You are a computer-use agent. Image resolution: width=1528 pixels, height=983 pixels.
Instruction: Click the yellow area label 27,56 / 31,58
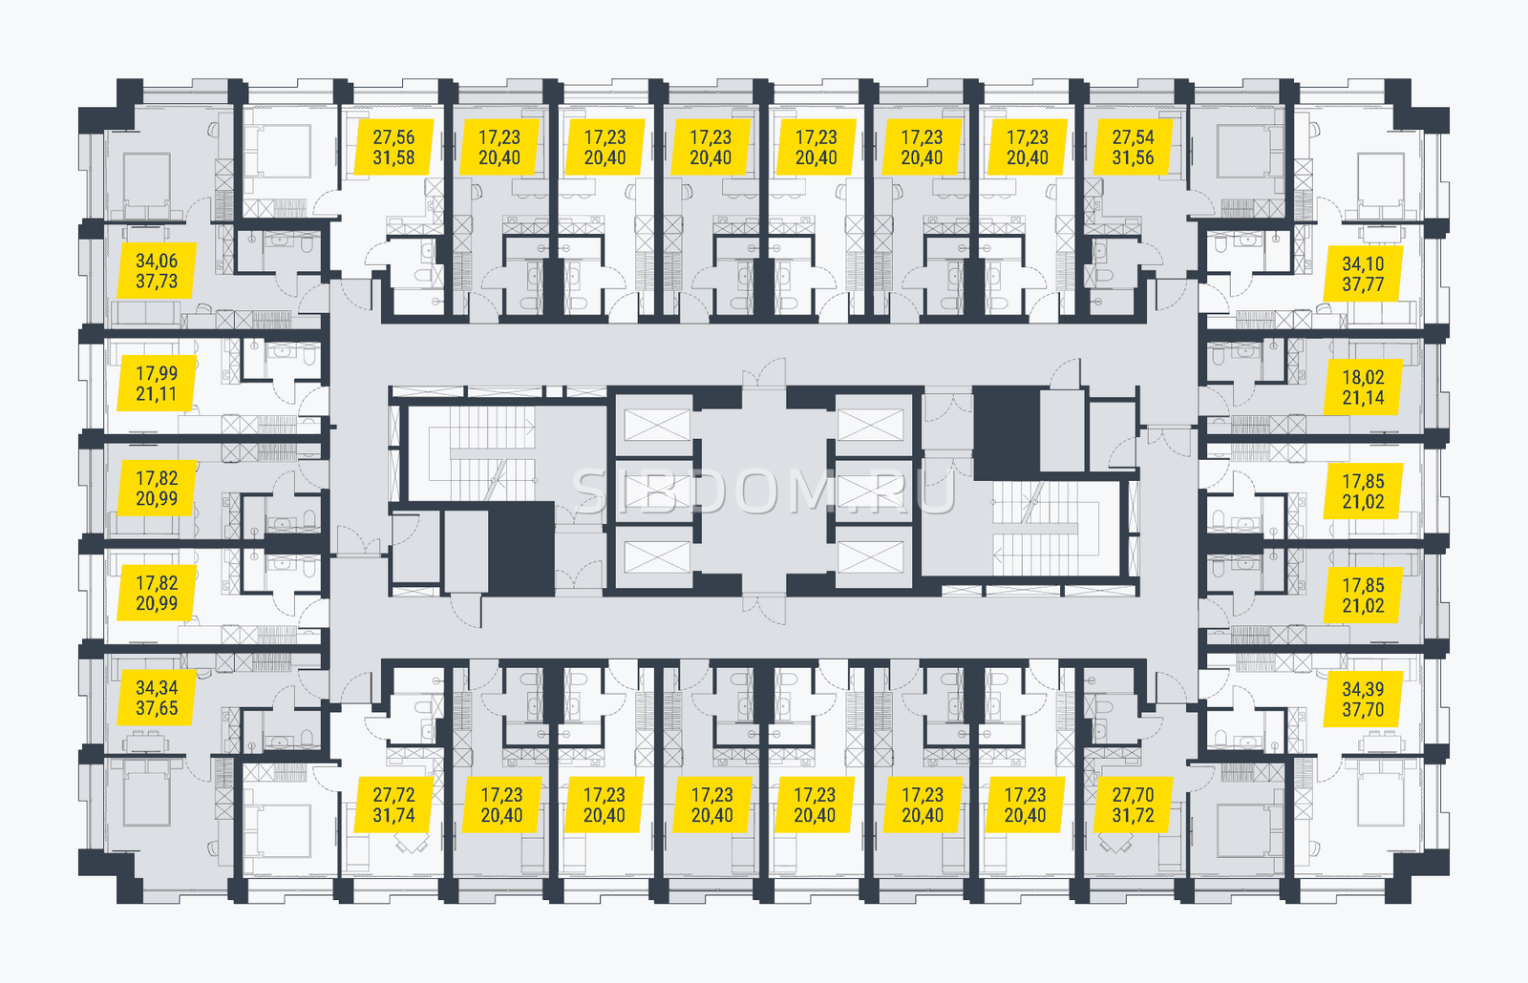(394, 147)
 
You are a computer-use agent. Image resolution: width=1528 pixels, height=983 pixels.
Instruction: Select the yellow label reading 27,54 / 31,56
(1133, 147)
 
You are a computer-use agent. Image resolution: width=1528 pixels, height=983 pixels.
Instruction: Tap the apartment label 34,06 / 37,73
(157, 271)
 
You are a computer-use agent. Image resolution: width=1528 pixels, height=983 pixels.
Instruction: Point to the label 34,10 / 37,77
(1363, 274)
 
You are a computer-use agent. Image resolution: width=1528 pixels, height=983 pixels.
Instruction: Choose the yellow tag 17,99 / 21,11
(157, 383)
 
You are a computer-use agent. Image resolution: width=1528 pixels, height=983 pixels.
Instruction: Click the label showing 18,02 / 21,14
(1363, 387)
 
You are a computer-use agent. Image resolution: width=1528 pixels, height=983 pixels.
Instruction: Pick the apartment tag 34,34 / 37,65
(157, 698)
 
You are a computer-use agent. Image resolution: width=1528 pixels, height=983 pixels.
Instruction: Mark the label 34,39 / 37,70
(1363, 700)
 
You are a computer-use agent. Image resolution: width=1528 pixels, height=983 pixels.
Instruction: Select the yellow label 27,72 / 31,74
(394, 805)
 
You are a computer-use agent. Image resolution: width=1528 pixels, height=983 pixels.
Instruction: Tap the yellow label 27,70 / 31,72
(1133, 805)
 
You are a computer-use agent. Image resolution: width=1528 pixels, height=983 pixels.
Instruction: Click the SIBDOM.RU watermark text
(764, 491)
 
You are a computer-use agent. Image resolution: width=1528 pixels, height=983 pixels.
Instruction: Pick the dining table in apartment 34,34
(147, 742)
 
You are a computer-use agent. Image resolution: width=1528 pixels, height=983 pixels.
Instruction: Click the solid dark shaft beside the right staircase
(1007, 433)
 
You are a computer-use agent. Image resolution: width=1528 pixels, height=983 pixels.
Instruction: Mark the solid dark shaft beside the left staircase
(521, 548)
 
